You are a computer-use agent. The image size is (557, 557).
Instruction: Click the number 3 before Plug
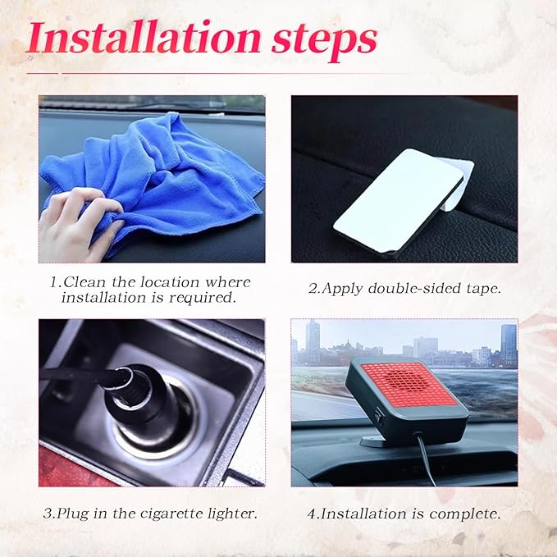click(x=47, y=514)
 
